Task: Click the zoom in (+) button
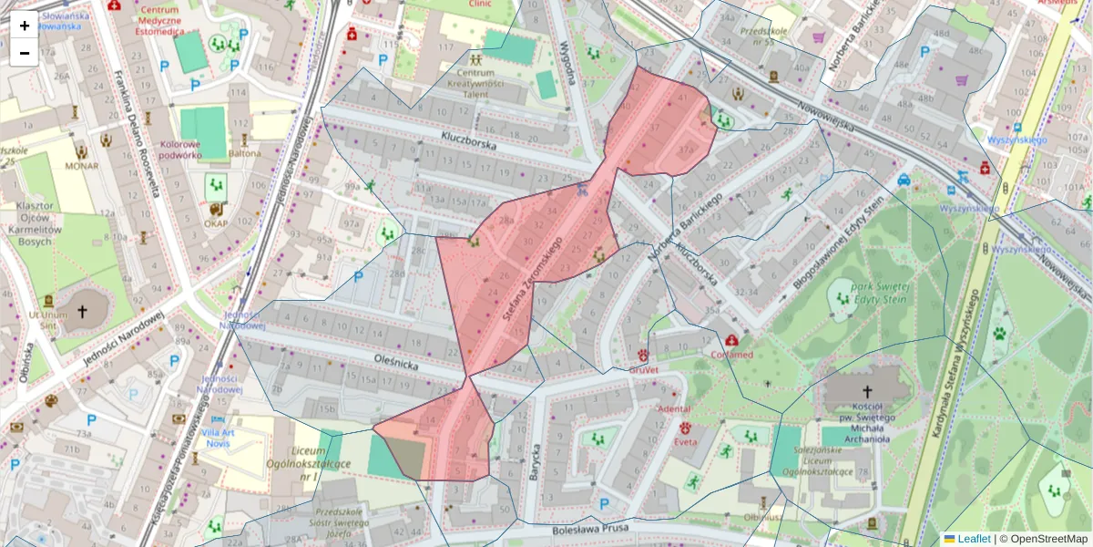[x=24, y=26]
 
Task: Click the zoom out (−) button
[x=24, y=52]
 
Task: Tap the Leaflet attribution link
[x=974, y=539]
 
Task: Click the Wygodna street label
[x=568, y=63]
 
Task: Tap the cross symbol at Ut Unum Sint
[x=82, y=312]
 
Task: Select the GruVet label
[x=644, y=370]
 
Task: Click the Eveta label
[x=685, y=442]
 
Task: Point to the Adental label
[x=674, y=409]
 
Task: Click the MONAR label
[x=81, y=167]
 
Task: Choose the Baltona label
[x=244, y=153]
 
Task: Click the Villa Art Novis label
[x=217, y=438]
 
